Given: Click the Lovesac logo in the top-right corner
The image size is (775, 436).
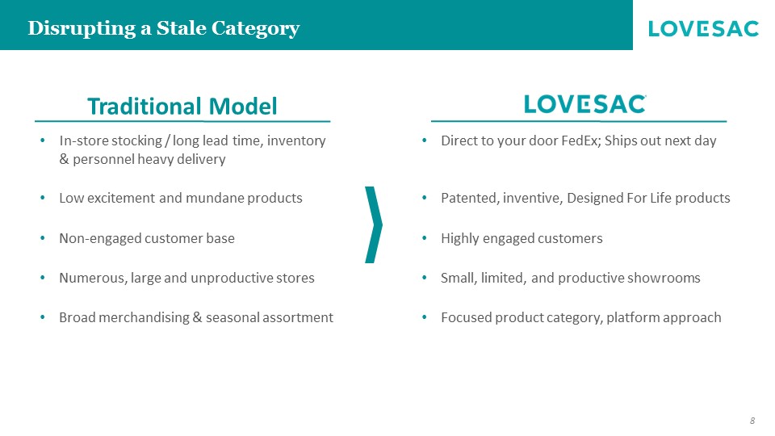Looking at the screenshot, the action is tap(703, 29).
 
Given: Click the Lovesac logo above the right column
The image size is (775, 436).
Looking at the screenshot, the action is tap(585, 104).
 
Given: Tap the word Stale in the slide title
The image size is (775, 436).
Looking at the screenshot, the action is tap(182, 28).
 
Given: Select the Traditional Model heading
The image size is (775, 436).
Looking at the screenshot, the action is tap(182, 107).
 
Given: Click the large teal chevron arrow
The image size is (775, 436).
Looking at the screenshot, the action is tap(374, 225).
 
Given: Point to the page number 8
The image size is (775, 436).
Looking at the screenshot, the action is tap(752, 421).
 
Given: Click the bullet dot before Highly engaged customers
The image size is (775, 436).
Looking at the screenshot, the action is tap(425, 238).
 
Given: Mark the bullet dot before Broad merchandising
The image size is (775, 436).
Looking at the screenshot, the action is tap(43, 317).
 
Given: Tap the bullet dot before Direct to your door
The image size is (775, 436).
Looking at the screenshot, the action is tap(425, 140).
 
